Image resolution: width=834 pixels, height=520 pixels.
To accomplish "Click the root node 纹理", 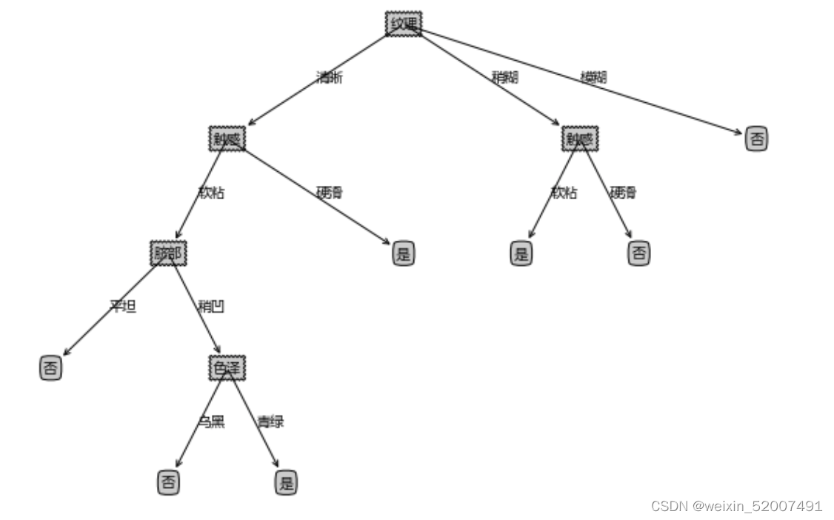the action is (x=404, y=24).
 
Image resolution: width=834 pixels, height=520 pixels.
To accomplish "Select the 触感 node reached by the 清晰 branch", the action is (x=227, y=139).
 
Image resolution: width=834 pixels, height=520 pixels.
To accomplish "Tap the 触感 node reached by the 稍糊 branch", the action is (x=580, y=139).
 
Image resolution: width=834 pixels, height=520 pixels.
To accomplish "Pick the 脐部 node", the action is (x=168, y=253).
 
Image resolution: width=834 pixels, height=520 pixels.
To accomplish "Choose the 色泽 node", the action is (x=227, y=368).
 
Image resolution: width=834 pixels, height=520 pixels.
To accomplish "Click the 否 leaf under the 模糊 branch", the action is (x=756, y=139).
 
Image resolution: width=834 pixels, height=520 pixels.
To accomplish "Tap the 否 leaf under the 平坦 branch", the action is (x=50, y=368).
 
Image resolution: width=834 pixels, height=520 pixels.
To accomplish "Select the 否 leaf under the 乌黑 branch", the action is (x=168, y=483).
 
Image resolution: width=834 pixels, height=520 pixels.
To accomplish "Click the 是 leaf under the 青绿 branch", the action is (x=286, y=483).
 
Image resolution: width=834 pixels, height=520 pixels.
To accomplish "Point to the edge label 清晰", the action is (x=330, y=78).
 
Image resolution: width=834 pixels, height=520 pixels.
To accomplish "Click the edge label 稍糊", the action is (x=504, y=77).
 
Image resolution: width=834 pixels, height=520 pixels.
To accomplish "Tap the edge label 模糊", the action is (x=593, y=77).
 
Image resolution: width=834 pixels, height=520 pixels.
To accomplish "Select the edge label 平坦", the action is (x=123, y=307).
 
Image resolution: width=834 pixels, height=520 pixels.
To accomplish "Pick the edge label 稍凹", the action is (x=211, y=307).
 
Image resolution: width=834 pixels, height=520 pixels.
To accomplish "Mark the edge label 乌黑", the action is (x=211, y=422).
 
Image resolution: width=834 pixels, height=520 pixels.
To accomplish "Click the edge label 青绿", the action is (x=270, y=422).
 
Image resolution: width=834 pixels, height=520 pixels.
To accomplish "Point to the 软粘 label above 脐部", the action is (x=211, y=193).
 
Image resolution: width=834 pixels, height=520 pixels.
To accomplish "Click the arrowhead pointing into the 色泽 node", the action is (x=218, y=350).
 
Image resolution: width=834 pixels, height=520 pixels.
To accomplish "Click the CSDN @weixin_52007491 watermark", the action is (x=736, y=507).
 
